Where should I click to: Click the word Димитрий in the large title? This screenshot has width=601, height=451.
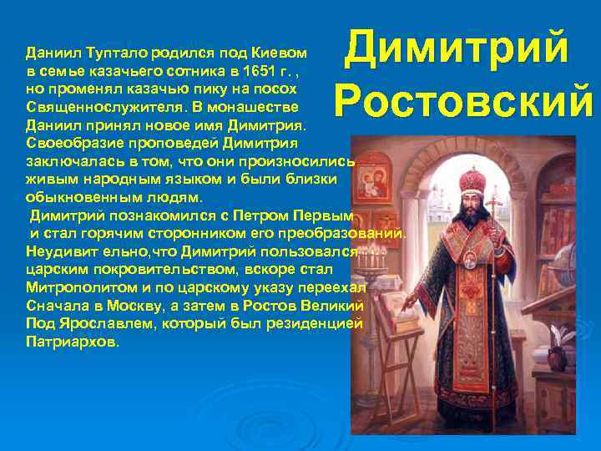[457, 48]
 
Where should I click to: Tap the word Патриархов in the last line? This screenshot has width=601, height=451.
[72, 342]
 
